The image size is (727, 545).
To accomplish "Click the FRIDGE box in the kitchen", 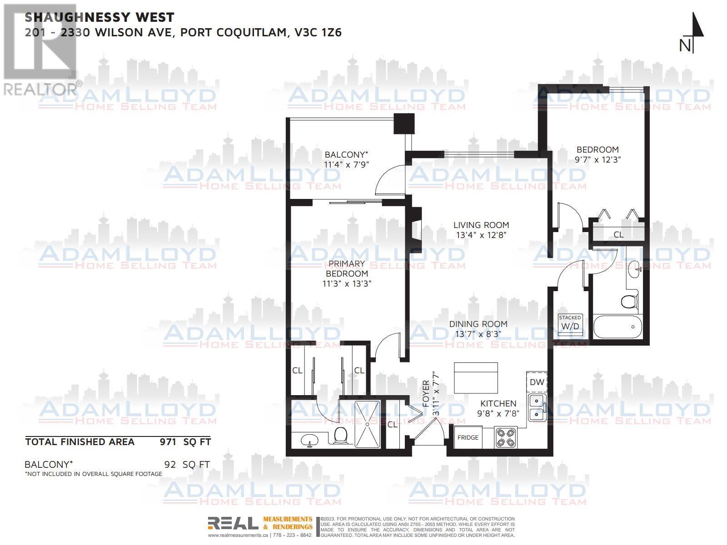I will click(x=468, y=437).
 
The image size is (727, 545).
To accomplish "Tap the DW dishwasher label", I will click(x=537, y=382).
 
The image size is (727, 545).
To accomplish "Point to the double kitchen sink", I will click(x=537, y=407).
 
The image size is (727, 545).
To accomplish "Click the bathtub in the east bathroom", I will click(x=617, y=327).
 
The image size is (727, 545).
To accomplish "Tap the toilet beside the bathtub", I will click(x=629, y=302).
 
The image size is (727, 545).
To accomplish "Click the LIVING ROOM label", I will click(x=481, y=225).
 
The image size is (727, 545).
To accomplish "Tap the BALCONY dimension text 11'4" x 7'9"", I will click(x=346, y=164).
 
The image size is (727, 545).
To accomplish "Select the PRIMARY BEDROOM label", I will click(x=347, y=269).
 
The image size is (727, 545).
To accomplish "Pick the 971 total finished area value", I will click(x=168, y=441).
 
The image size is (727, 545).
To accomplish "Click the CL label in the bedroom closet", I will click(x=618, y=234).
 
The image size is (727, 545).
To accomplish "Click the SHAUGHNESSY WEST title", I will click(x=99, y=17).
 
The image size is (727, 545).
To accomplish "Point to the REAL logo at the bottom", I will click(x=233, y=523).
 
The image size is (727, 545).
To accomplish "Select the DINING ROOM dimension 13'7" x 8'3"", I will click(x=478, y=334).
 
